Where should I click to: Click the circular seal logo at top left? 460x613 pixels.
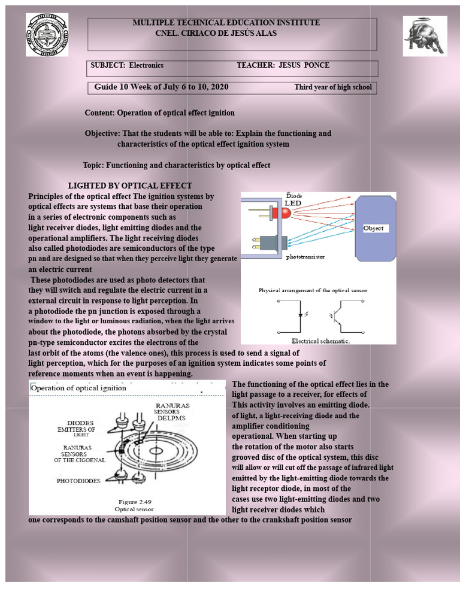pyautogui.click(x=47, y=34)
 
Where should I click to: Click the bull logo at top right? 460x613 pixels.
pyautogui.click(x=425, y=36)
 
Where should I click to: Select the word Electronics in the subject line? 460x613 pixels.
pyautogui.click(x=146, y=65)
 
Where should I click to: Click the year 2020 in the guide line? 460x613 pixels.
pyautogui.click(x=219, y=87)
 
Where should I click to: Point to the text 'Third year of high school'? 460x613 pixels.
pyautogui.click(x=333, y=87)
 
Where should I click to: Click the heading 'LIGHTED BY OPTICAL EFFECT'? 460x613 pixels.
pyautogui.click(x=130, y=186)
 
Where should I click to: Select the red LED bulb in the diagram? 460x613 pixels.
pyautogui.click(x=277, y=212)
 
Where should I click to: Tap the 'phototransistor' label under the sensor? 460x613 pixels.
pyautogui.click(x=305, y=257)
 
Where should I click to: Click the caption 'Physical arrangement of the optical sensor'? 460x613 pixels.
pyautogui.click(x=313, y=290)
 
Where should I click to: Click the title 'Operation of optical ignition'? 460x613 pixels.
pyautogui.click(x=78, y=388)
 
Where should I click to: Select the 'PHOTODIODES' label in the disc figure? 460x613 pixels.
pyautogui.click(x=78, y=481)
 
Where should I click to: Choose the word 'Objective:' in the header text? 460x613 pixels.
pyautogui.click(x=102, y=133)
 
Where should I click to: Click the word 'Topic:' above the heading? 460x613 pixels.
pyautogui.click(x=93, y=165)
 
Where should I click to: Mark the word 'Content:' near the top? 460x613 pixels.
pyautogui.click(x=99, y=113)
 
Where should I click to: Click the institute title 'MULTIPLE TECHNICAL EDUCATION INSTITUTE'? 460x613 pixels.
pyautogui.click(x=226, y=23)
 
